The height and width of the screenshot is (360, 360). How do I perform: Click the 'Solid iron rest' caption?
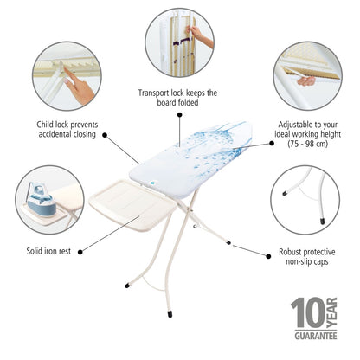55,251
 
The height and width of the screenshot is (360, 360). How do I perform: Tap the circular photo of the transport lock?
180,42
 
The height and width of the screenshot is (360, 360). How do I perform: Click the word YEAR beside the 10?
335,313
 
